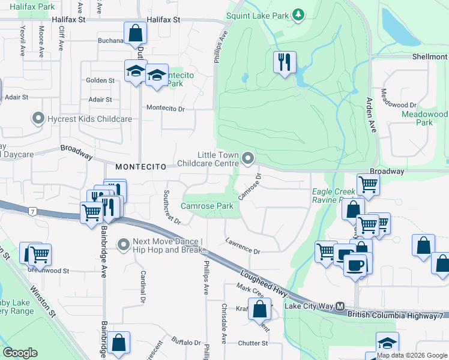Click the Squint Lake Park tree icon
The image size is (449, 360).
[297, 14]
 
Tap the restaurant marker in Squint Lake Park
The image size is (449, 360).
[285, 61]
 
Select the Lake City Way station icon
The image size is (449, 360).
[340, 306]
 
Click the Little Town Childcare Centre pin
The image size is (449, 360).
[247, 158]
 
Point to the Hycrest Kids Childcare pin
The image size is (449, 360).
[39, 119]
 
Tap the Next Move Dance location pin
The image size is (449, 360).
[124, 244]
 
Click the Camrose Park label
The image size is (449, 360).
[207, 206]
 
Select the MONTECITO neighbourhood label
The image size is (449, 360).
[140, 166]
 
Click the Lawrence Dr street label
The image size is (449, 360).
[243, 247]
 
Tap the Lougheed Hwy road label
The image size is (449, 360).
[264, 283]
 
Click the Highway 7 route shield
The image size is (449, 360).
[32, 211]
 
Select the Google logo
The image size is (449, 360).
[20, 353]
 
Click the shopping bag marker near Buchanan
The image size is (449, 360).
[135, 32]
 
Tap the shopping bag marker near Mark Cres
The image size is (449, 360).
[260, 310]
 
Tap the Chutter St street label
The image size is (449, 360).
[252, 343]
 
